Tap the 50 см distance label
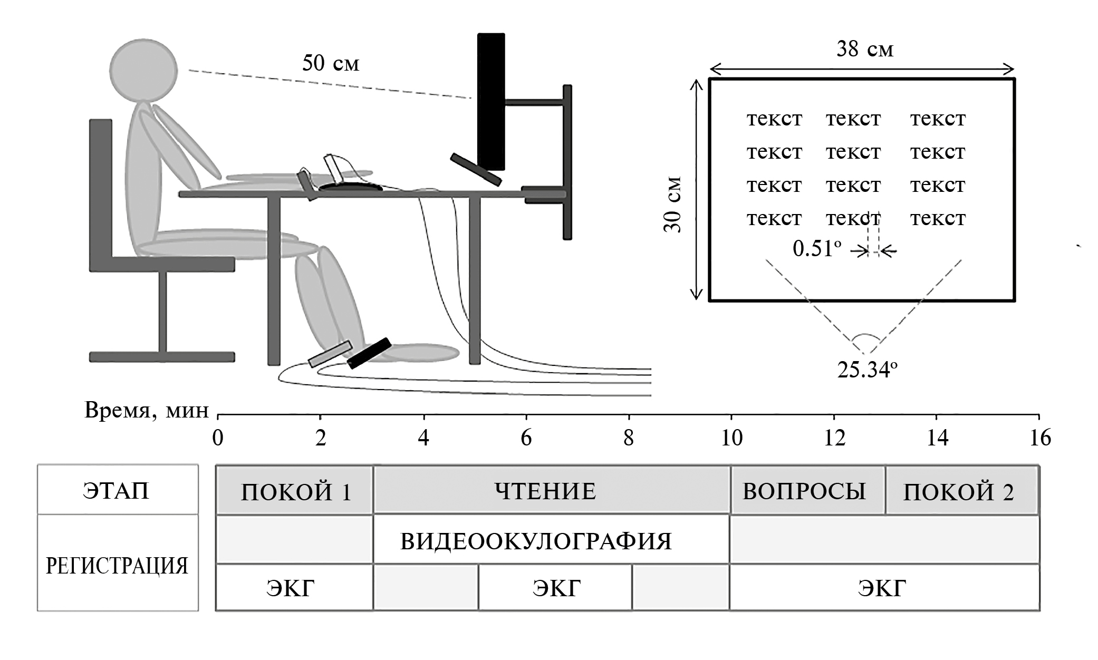331,63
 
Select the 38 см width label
865,50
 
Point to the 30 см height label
673,205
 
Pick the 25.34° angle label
867,370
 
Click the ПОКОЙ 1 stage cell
295,491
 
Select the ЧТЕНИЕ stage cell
545,491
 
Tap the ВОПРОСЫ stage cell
804,491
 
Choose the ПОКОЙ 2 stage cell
958,491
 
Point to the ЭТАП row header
117,490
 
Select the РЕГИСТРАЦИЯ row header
117,566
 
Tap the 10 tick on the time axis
731,438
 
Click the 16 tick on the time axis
1039,438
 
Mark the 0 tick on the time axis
218,438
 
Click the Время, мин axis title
146,410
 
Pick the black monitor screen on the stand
491,100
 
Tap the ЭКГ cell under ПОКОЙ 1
290,588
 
